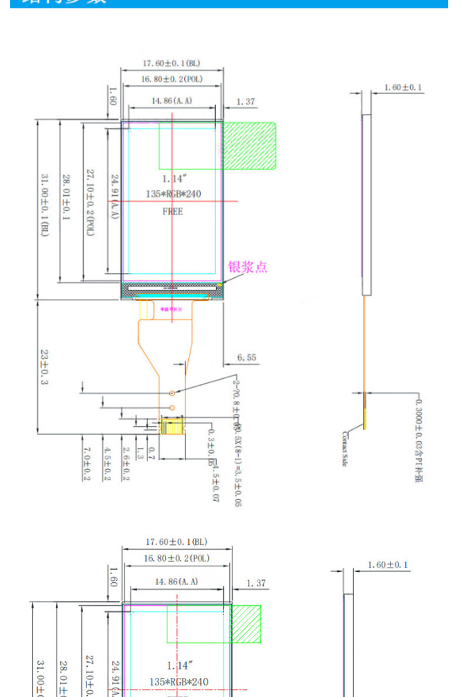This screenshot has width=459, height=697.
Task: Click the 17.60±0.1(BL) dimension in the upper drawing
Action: click(172, 63)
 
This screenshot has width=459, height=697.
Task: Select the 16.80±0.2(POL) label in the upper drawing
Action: click(172, 79)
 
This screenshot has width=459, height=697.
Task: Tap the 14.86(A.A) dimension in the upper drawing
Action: click(172, 100)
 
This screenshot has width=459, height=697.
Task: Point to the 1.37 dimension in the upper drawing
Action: click(245, 102)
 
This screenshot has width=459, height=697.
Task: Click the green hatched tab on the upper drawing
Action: click(250, 146)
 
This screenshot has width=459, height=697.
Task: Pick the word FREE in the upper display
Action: click(173, 211)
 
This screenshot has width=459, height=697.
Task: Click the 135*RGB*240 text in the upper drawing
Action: click(173, 194)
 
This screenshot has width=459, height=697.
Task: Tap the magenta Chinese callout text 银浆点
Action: click(248, 267)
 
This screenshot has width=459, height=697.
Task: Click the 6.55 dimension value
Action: click(246, 358)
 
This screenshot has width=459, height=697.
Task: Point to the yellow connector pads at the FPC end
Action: click(172, 427)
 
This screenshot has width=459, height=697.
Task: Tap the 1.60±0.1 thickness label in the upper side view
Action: click(403, 88)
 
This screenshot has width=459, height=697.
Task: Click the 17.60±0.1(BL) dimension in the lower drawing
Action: click(176, 542)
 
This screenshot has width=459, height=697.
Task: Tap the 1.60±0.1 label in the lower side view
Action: click(388, 565)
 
